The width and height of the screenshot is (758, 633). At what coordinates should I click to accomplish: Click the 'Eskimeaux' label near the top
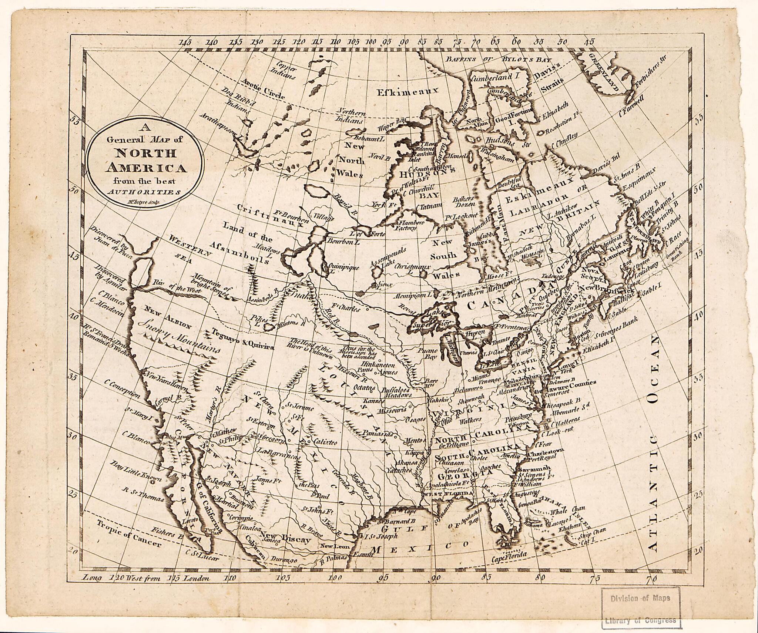coord(407,91)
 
